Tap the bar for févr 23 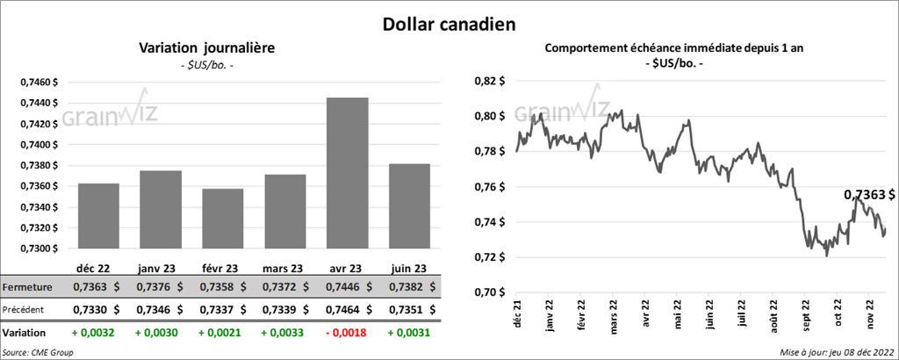[222, 219]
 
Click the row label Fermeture [27, 287]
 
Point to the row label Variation [25, 334]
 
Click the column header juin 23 [408, 269]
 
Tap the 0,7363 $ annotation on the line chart [870, 194]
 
